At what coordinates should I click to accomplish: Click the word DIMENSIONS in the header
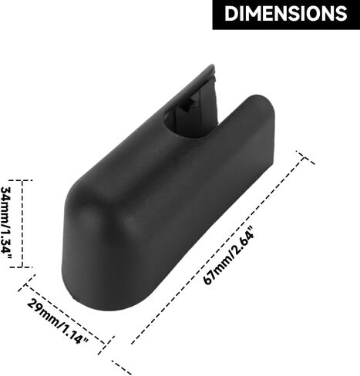pos(286,13)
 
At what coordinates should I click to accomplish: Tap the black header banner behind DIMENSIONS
pos(286,15)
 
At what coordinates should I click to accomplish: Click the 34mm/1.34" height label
pos(8,223)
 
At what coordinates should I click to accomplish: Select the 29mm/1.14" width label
pos(58,321)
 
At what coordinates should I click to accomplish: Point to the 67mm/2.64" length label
pos(228,255)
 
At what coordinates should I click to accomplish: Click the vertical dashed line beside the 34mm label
pos(22,223)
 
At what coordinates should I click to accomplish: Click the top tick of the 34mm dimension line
pos(22,180)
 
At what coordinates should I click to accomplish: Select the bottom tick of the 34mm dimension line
pos(22,267)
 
